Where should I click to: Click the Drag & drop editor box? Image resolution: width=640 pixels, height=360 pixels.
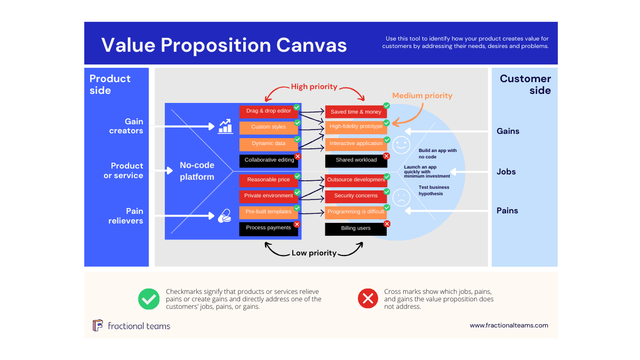click(x=268, y=111)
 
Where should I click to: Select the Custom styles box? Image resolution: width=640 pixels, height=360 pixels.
click(x=268, y=127)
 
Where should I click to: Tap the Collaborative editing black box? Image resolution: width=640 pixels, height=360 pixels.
click(x=269, y=160)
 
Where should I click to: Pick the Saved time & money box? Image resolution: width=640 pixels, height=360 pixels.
click(x=356, y=112)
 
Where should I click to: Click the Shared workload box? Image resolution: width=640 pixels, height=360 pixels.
click(x=356, y=160)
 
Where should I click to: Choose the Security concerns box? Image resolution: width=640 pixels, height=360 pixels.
click(x=356, y=196)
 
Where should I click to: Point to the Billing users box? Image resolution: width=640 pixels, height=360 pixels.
click(x=356, y=229)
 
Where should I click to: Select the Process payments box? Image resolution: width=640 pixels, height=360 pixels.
click(x=268, y=228)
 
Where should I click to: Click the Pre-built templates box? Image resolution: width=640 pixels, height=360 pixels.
click(x=268, y=212)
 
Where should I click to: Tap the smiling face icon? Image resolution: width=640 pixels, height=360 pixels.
click(x=402, y=145)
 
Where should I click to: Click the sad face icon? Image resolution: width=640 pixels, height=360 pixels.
click(x=402, y=198)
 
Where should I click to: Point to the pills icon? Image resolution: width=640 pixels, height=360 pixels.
click(x=225, y=216)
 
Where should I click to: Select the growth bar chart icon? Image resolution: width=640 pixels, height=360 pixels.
click(x=225, y=126)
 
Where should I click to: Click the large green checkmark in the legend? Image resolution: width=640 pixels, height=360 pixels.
click(x=149, y=299)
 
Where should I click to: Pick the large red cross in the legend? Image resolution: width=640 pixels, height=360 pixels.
click(x=368, y=299)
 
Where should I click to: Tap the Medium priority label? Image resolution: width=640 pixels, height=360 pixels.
click(x=422, y=96)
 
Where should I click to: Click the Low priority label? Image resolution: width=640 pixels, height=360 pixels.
click(x=314, y=253)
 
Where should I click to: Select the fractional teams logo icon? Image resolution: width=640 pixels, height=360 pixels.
click(x=98, y=325)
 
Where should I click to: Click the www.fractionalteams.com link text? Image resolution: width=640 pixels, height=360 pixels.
click(x=509, y=325)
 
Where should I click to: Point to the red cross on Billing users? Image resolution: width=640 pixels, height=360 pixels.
click(x=387, y=224)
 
